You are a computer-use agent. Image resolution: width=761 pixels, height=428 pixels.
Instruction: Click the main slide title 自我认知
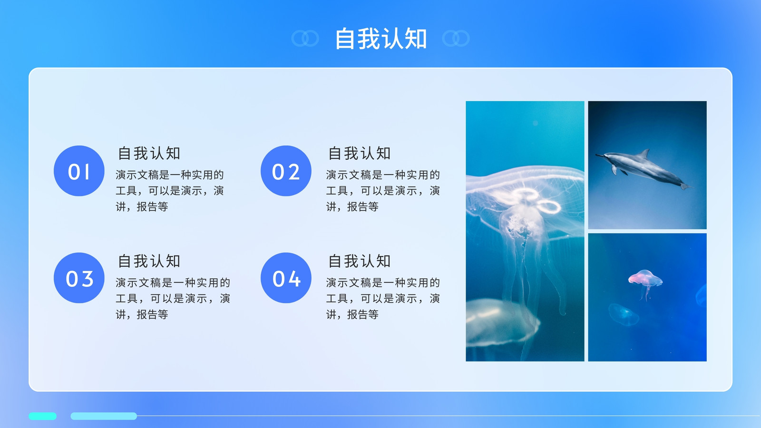(x=381, y=39)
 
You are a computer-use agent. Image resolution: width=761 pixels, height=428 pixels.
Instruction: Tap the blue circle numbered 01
(x=79, y=171)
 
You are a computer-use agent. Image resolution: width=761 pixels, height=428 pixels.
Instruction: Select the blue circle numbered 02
(x=286, y=171)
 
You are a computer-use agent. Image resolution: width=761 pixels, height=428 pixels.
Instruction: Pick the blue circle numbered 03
(x=79, y=278)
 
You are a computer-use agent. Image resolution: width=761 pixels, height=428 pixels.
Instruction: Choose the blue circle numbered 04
(x=286, y=278)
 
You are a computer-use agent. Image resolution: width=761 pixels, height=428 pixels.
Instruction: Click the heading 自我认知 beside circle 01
(x=149, y=153)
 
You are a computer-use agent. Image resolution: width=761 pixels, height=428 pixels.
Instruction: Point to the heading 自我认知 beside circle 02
(x=359, y=153)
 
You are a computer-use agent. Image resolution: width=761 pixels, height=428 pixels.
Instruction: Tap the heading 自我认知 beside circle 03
(x=149, y=261)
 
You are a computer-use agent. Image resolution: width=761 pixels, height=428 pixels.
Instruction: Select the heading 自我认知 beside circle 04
(x=359, y=261)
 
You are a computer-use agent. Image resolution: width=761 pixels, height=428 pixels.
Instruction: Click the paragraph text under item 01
(x=170, y=191)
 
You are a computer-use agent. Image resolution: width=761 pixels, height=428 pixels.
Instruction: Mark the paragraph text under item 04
(x=383, y=298)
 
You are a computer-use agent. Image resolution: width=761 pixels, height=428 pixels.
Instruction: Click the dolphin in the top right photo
(x=644, y=169)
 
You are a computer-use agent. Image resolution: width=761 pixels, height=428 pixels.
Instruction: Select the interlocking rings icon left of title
(x=305, y=38)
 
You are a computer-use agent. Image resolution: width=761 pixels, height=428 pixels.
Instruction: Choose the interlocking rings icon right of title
(x=456, y=38)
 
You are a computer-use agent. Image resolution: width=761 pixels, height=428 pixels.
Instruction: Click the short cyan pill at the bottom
(x=42, y=416)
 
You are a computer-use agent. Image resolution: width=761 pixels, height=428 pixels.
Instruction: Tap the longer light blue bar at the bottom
(x=104, y=416)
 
